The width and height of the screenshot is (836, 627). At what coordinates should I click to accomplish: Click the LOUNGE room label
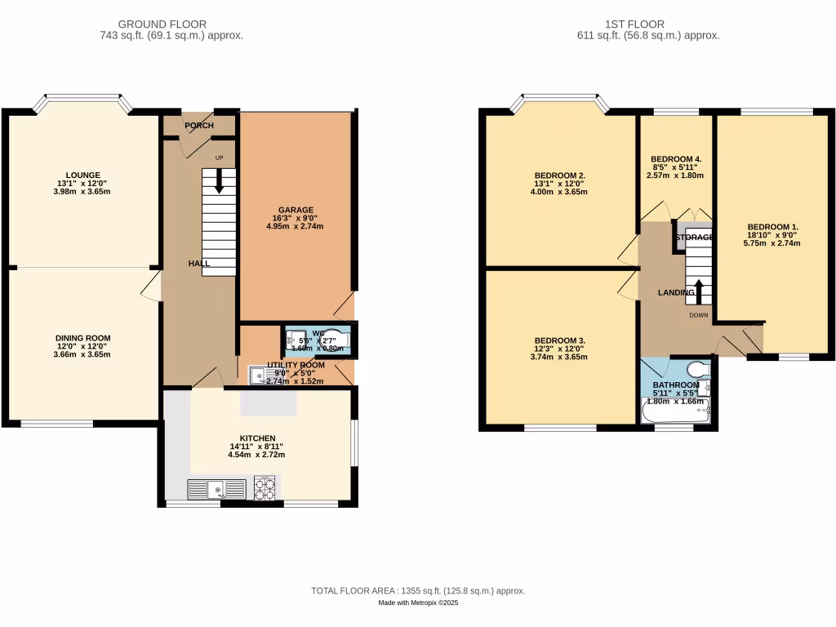(83, 175)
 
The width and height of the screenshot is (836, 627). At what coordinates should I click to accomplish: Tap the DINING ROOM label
(83, 338)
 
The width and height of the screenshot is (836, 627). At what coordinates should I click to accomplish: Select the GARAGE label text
(295, 210)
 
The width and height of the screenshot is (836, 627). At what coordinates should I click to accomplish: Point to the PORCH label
(199, 126)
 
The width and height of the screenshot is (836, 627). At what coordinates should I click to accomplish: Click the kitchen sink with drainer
(216, 489)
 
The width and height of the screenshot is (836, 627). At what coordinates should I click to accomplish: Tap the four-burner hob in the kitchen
(265, 488)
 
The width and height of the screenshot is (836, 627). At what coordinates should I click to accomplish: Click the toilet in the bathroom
(699, 368)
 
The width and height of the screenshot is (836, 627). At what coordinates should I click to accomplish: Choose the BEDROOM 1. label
(773, 227)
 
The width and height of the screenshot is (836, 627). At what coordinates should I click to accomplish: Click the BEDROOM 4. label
(675, 159)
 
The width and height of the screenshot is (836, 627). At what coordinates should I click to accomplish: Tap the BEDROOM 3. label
(559, 340)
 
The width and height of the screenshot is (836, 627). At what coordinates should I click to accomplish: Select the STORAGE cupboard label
(694, 238)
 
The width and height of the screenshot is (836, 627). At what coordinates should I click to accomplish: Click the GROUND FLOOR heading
(162, 24)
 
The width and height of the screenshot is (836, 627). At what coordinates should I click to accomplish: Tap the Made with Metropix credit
(418, 603)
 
